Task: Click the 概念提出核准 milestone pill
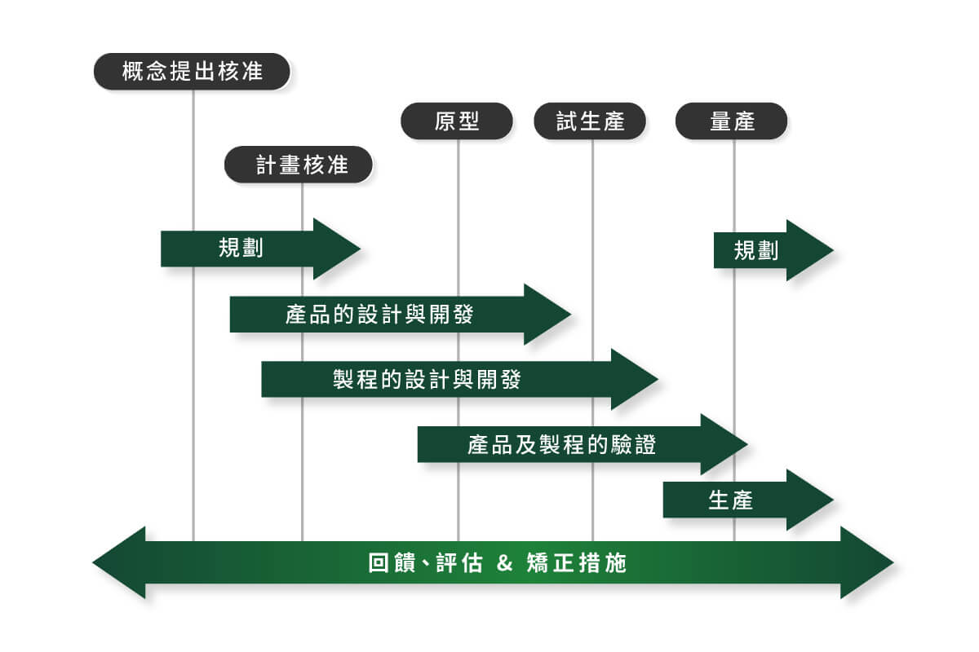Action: point(192,72)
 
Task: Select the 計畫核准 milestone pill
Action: point(299,165)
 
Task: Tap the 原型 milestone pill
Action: point(457,121)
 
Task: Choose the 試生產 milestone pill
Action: point(590,121)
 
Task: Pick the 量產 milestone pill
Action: point(732,121)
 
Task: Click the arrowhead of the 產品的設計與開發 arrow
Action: point(547,314)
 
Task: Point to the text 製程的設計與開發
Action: point(427,379)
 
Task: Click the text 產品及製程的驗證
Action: point(561,444)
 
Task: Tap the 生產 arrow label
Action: point(731,500)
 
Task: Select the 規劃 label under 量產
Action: point(756,251)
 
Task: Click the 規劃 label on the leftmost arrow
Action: point(241,248)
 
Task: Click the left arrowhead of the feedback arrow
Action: point(119,562)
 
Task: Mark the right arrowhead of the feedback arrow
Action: point(867,562)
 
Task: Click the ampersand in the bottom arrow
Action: point(504,562)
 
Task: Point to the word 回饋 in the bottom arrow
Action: point(391,562)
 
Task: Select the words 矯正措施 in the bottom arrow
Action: point(577,562)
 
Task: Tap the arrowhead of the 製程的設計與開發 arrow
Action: point(635,379)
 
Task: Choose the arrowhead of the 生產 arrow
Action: point(810,500)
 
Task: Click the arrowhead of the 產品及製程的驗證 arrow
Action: point(724,444)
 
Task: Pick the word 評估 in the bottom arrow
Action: point(459,562)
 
